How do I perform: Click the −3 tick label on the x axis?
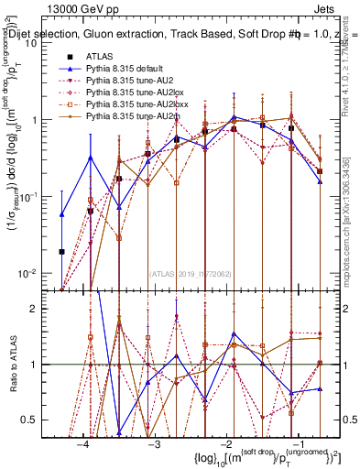[155, 444]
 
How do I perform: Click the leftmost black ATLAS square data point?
[61, 251]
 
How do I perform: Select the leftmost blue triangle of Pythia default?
[61, 214]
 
